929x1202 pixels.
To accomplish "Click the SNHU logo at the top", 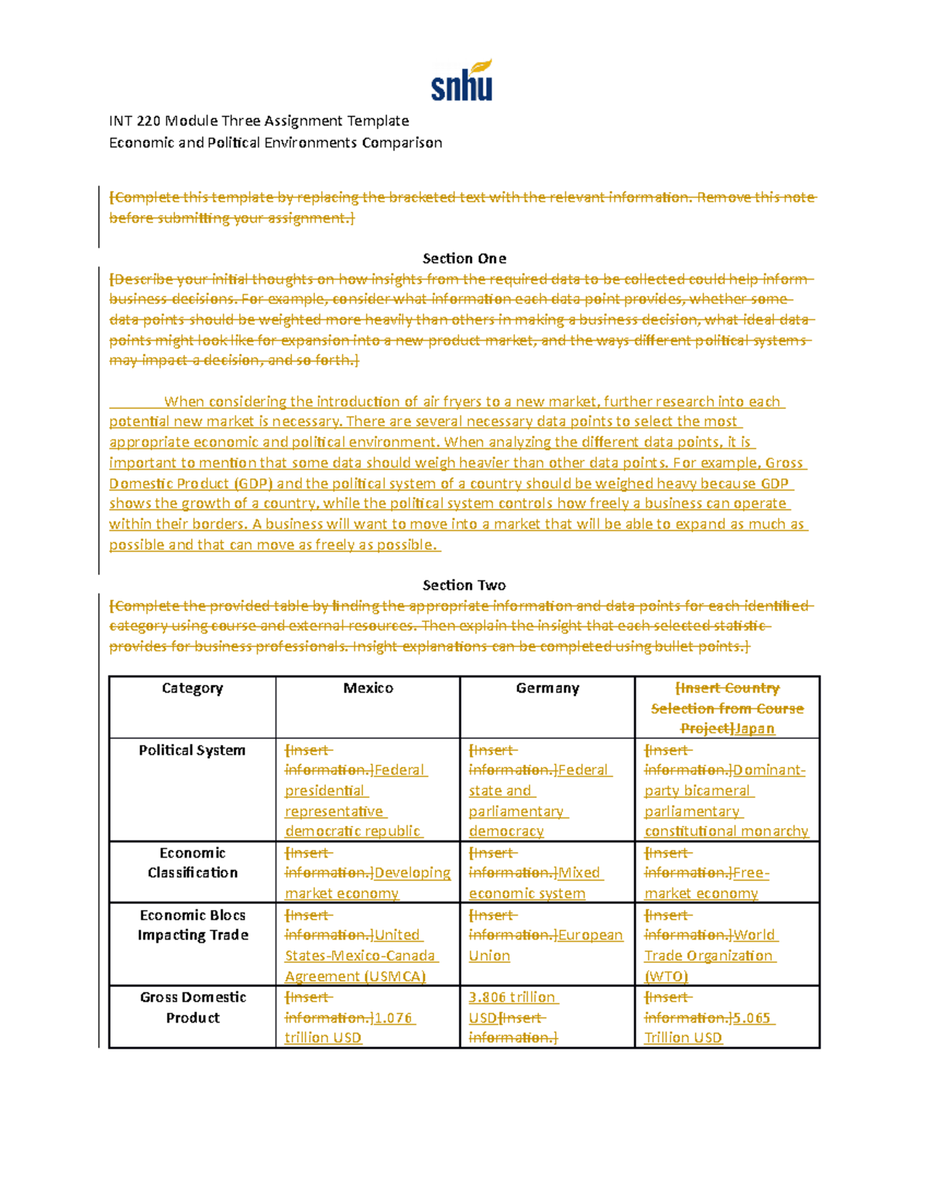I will [461, 82].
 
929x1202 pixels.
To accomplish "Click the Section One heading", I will [464, 259].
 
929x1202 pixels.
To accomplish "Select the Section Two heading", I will [464, 585].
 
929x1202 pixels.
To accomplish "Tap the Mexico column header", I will [368, 688].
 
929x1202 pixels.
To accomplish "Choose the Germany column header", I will [547, 688].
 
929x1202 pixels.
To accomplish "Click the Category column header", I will [192, 688].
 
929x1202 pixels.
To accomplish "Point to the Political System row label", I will [192, 750].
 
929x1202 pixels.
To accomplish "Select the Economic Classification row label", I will [192, 862].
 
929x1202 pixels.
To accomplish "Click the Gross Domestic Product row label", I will [192, 1007].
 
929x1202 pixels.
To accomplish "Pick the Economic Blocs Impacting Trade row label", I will [192, 925].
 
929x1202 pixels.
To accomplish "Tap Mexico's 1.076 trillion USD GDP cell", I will [367, 1018].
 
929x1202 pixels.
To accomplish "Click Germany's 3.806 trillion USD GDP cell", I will [547, 1017].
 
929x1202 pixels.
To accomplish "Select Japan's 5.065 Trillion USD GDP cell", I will [727, 1018].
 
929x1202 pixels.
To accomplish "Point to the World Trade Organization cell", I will [727, 945].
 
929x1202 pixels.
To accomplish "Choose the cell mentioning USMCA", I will [367, 946].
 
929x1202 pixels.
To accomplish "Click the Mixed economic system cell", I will [547, 873].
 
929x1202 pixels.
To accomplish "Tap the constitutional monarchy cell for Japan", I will [727, 791].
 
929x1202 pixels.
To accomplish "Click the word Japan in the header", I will [755, 728].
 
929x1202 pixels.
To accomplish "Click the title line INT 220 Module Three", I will [259, 121].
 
